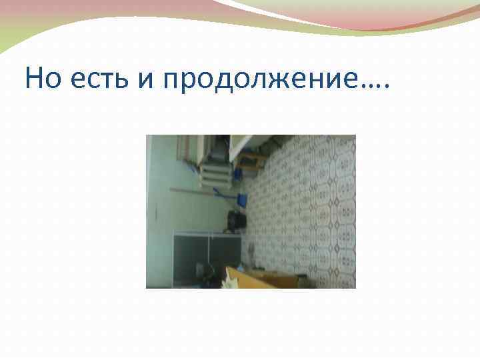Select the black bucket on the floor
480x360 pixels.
coord(234,219)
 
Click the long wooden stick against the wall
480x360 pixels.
coord(200,190)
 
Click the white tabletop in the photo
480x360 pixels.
coord(243,143)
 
